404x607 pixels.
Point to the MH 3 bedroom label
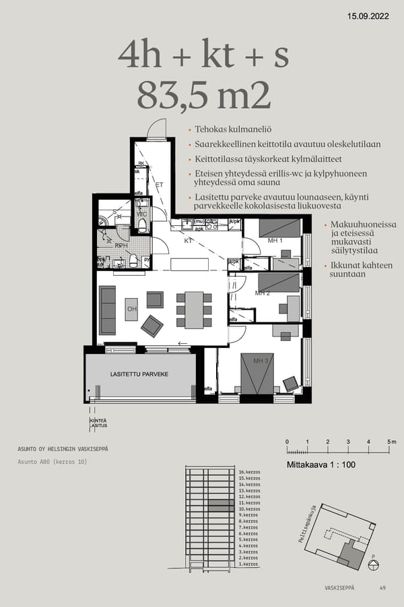261,362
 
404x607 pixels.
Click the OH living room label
131,309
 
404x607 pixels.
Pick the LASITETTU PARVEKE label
139,374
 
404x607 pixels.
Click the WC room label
142,214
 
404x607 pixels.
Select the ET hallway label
160,183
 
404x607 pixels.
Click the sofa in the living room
108,310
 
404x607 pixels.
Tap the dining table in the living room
194,310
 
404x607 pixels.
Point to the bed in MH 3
257,373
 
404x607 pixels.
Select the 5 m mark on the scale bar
391,442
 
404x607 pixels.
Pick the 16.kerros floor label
249,472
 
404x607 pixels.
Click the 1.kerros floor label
248,564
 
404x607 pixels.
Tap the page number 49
382,587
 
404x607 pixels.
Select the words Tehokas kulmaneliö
232,129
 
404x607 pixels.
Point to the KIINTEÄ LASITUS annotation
98,423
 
